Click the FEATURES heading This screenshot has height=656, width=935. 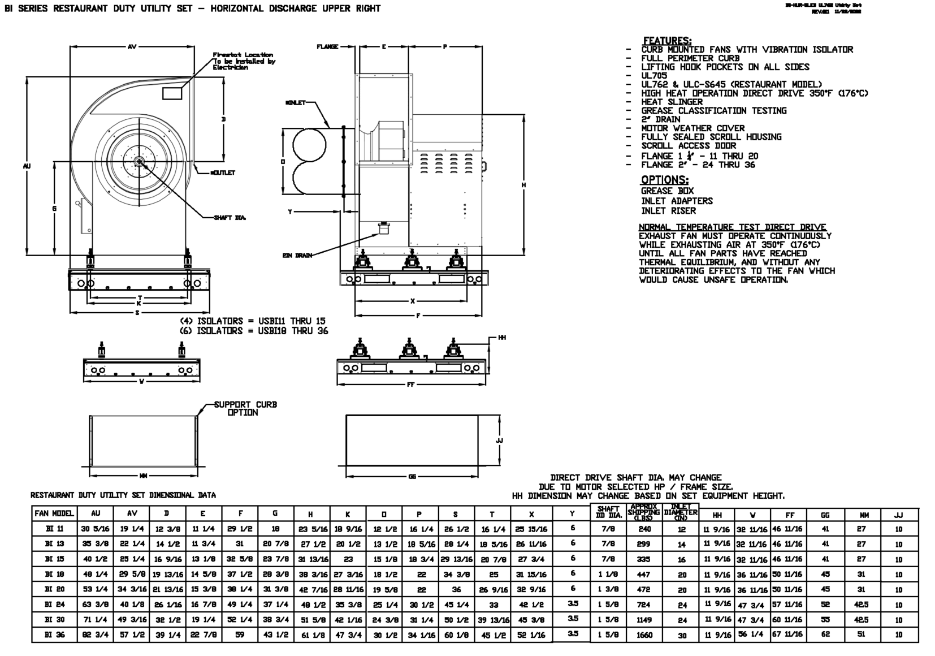pyautogui.click(x=667, y=41)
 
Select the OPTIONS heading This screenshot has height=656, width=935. pyautogui.click(x=664, y=180)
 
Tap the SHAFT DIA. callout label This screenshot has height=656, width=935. pyautogui.click(x=230, y=218)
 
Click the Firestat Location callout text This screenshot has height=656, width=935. pyautogui.click(x=244, y=61)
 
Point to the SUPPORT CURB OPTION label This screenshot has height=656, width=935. pyautogui.click(x=245, y=408)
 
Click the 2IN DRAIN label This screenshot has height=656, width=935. pyautogui.click(x=297, y=256)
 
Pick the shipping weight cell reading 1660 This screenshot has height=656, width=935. pyautogui.click(x=644, y=635)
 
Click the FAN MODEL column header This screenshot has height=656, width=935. pyautogui.click(x=54, y=513)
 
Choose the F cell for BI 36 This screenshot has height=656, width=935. pyautogui.click(x=240, y=635)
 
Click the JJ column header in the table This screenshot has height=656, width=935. pyautogui.click(x=898, y=515)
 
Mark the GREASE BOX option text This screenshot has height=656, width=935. pyautogui.click(x=667, y=191)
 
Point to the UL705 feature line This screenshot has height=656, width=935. pyautogui.click(x=654, y=76)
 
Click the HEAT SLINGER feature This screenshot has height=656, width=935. pyautogui.click(x=672, y=102)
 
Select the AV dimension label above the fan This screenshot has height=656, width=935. pyautogui.click(x=132, y=47)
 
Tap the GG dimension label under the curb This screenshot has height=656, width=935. pyautogui.click(x=412, y=477)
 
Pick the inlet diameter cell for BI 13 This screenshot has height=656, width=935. pyautogui.click(x=682, y=544)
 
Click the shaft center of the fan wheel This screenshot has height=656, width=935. pyautogui.click(x=139, y=162)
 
